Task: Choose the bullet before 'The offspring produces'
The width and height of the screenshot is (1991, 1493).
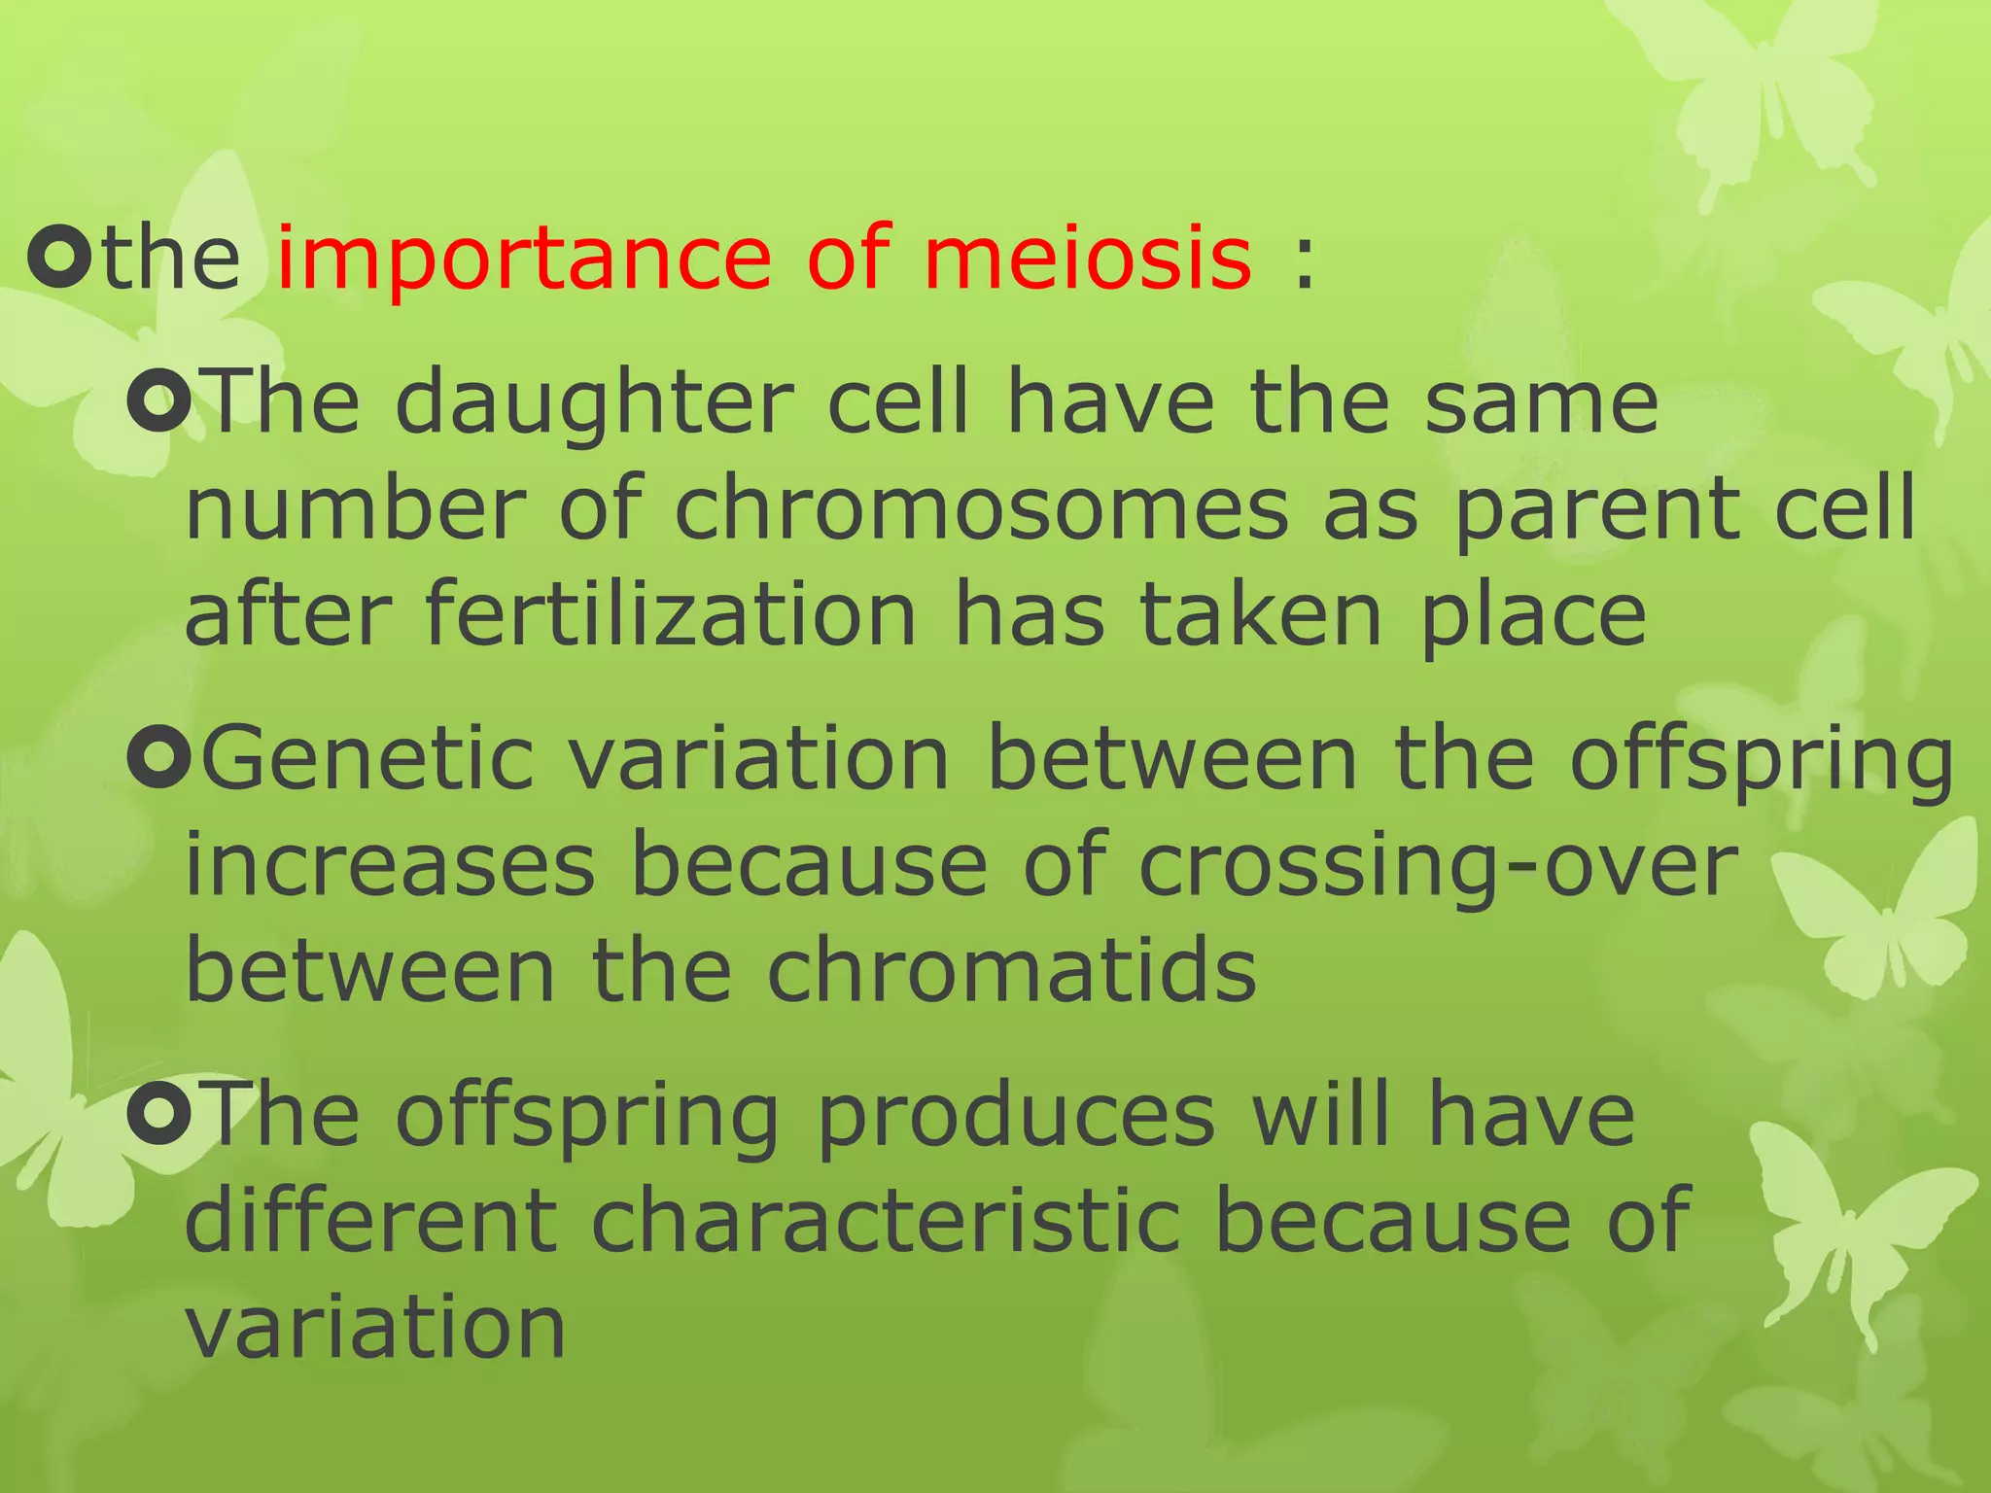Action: point(158,1117)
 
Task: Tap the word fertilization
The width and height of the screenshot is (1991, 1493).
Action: point(671,614)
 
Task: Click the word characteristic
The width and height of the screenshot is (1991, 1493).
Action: point(885,1221)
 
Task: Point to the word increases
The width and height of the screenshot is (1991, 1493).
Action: point(390,865)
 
